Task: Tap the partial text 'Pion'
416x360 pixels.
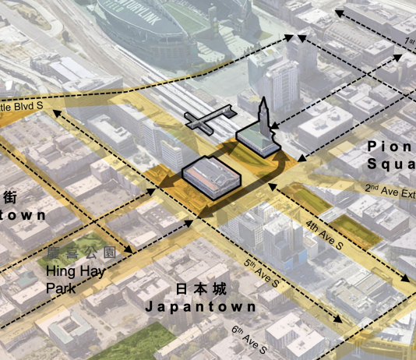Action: (x=390, y=145)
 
